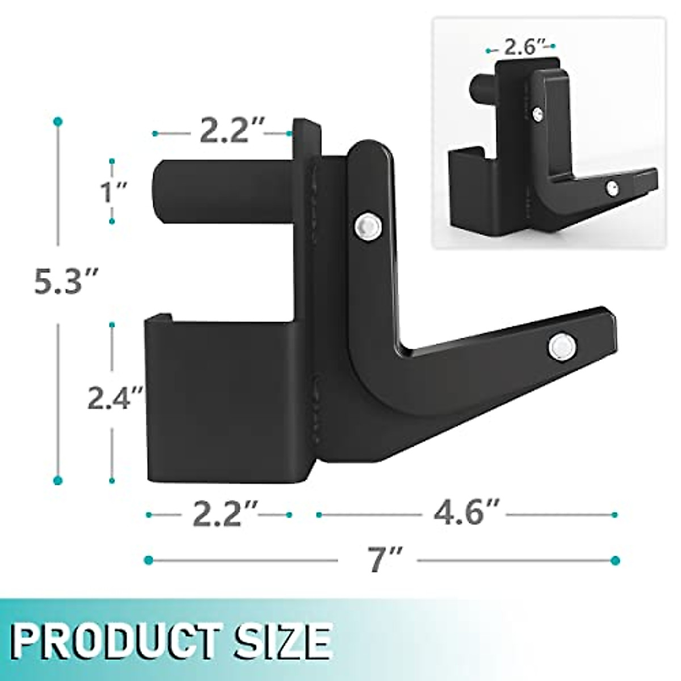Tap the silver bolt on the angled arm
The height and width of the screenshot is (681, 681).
coord(562,346)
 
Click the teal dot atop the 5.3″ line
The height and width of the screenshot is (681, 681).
coord(57,121)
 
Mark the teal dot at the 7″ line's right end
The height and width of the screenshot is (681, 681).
coord(614,561)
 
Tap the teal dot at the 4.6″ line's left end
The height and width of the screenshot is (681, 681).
coord(319,515)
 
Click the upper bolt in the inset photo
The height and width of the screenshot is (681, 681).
coord(536,114)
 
